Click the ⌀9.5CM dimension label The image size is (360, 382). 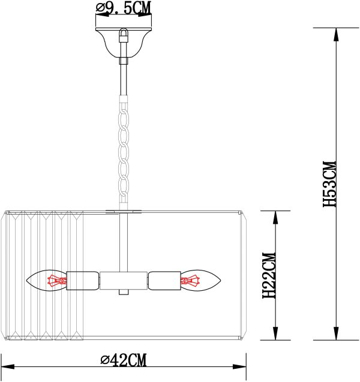click(123, 8)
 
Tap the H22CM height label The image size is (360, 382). click(269, 276)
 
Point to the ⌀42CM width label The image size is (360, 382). click(124, 360)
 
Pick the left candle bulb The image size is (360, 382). click(47, 280)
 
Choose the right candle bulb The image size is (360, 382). click(200, 280)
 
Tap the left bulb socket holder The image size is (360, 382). click(83, 280)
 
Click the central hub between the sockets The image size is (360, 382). click(124, 280)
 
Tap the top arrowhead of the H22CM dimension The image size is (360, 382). click(275, 217)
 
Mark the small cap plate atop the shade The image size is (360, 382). click(124, 211)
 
